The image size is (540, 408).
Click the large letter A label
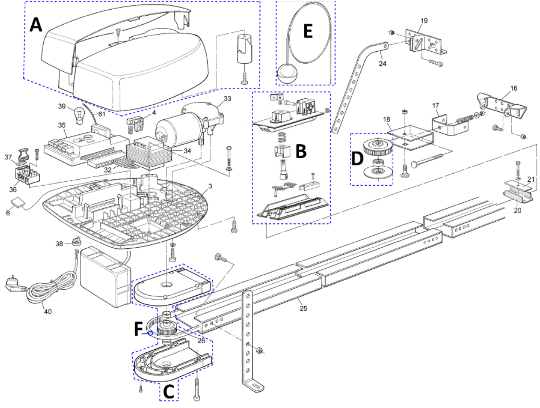(36, 25)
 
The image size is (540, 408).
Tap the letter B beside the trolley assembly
(301, 151)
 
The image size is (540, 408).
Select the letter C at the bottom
(168, 392)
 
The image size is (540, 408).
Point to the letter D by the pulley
(357, 159)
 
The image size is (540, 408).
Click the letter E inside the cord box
(308, 31)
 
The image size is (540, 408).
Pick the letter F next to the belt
(138, 329)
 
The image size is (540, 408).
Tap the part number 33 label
(227, 99)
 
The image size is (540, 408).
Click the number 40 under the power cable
(47, 311)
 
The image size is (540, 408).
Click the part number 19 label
(424, 21)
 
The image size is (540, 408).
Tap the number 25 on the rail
(303, 308)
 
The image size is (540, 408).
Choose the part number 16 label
(514, 88)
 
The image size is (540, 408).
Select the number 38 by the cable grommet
(59, 243)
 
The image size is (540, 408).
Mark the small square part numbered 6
(18, 203)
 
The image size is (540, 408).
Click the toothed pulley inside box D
(378, 146)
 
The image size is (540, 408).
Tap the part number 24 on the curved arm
(382, 64)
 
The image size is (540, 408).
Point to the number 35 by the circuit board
(61, 125)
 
